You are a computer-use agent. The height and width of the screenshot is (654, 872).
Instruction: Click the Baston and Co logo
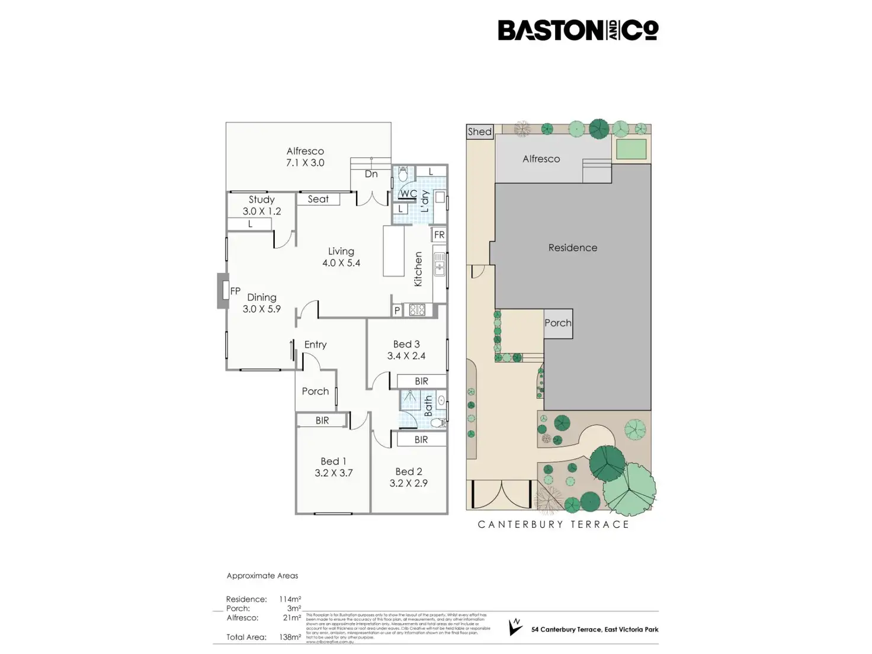(578, 30)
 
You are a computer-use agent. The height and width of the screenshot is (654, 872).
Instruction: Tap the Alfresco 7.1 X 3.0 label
(305, 157)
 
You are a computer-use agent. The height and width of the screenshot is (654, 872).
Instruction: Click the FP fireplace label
(235, 291)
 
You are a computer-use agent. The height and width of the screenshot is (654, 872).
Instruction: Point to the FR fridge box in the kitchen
(439, 235)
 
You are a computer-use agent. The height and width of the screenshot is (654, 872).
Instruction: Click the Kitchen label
(418, 269)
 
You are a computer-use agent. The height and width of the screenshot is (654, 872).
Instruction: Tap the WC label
(408, 194)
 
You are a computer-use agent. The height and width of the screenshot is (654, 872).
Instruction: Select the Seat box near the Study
(318, 199)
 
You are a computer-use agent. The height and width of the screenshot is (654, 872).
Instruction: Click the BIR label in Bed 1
(322, 421)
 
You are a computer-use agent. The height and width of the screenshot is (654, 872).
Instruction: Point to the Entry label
(315, 344)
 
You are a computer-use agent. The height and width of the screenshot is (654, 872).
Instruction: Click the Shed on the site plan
(479, 132)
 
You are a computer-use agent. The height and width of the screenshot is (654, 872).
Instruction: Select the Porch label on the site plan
(558, 323)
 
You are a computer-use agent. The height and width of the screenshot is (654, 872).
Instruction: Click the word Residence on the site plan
(572, 248)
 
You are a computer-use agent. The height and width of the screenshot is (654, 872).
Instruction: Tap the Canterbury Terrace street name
(553, 524)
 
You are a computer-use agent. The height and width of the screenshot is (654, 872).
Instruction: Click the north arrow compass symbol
(515, 627)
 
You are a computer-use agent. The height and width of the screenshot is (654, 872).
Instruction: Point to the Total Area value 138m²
(290, 637)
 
